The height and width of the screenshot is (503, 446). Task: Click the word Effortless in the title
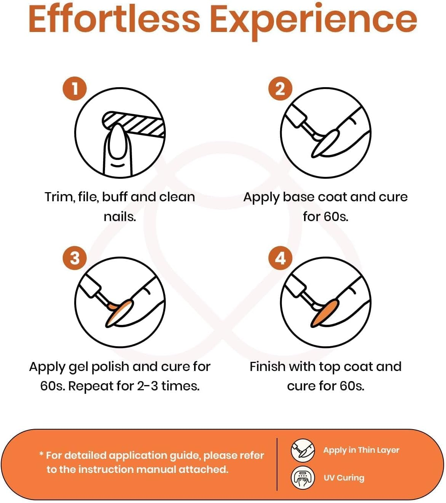[114, 20]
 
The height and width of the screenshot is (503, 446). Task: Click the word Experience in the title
[314, 22]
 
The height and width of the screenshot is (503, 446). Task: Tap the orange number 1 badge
[75, 89]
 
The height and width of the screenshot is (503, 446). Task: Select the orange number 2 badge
[280, 89]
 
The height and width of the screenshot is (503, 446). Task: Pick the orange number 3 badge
[75, 258]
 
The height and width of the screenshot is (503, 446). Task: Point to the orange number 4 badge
[280, 258]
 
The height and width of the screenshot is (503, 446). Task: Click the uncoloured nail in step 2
[325, 143]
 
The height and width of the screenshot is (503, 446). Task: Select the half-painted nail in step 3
[119, 313]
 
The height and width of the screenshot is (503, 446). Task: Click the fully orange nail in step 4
[325, 313]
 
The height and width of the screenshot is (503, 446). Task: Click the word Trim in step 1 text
[59, 197]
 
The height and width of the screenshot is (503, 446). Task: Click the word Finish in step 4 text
[268, 367]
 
